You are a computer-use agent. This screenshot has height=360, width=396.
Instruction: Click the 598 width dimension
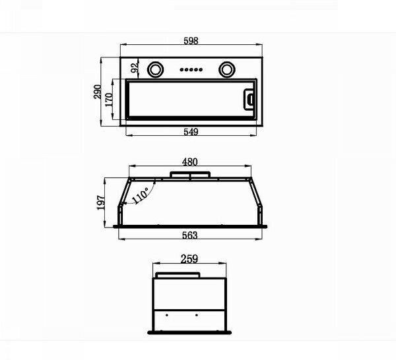coord(191,41)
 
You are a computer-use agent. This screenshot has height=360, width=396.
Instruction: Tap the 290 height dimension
coord(98,92)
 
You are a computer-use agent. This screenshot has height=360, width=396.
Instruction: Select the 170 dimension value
coord(109,100)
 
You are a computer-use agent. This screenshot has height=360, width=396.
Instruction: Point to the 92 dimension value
coord(135,67)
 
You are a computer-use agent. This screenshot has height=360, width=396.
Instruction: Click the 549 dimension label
coord(191,132)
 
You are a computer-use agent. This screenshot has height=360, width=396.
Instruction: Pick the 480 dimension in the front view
coord(189,162)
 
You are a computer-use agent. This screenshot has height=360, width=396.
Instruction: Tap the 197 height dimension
coord(101,202)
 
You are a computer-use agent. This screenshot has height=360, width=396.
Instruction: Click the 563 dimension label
coord(189,235)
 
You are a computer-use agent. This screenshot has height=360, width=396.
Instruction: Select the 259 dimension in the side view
coord(189,259)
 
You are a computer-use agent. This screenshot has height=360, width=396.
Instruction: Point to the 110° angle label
coord(141,195)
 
